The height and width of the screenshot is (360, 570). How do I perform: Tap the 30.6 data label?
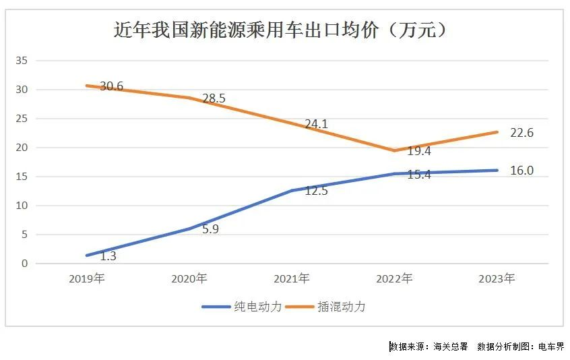pyautogui.click(x=112, y=86)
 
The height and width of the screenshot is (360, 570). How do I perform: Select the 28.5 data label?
pyautogui.click(x=214, y=98)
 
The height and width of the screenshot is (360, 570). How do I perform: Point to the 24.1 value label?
pyautogui.click(x=316, y=124)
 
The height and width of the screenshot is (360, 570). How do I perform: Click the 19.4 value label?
pyautogui.click(x=419, y=151)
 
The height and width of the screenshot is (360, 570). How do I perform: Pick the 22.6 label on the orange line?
pyautogui.click(x=521, y=133)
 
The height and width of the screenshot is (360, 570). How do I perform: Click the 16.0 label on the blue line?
pyautogui.click(x=521, y=171)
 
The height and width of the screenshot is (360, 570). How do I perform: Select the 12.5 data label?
pyautogui.click(x=316, y=191)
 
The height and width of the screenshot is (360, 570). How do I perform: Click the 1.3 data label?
pyautogui.click(x=108, y=256)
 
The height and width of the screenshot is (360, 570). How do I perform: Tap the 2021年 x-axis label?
pyautogui.click(x=292, y=278)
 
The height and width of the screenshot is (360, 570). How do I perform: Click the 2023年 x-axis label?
pyautogui.click(x=497, y=278)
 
